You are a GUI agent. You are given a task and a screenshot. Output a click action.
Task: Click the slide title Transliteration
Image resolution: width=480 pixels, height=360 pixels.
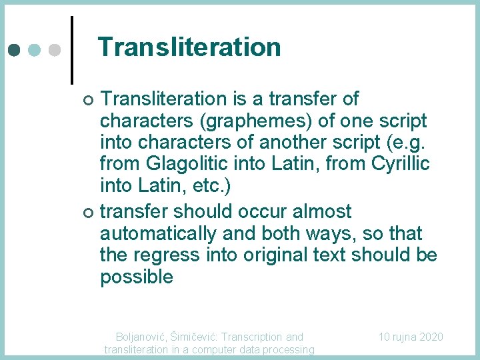click(x=189, y=47)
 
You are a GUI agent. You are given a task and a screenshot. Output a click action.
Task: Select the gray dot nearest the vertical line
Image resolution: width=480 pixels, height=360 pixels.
click(x=55, y=50)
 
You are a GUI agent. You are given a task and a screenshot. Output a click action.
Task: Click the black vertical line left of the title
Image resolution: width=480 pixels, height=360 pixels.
click(x=71, y=50)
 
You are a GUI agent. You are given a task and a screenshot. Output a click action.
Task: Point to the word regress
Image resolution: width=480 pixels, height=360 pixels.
click(x=169, y=255)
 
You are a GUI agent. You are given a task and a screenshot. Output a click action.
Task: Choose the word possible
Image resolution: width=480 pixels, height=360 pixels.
click(x=137, y=277)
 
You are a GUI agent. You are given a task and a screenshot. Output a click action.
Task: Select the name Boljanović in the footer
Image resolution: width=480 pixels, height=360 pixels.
click(x=141, y=337)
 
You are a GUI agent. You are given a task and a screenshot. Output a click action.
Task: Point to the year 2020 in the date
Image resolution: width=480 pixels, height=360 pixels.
click(x=430, y=337)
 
